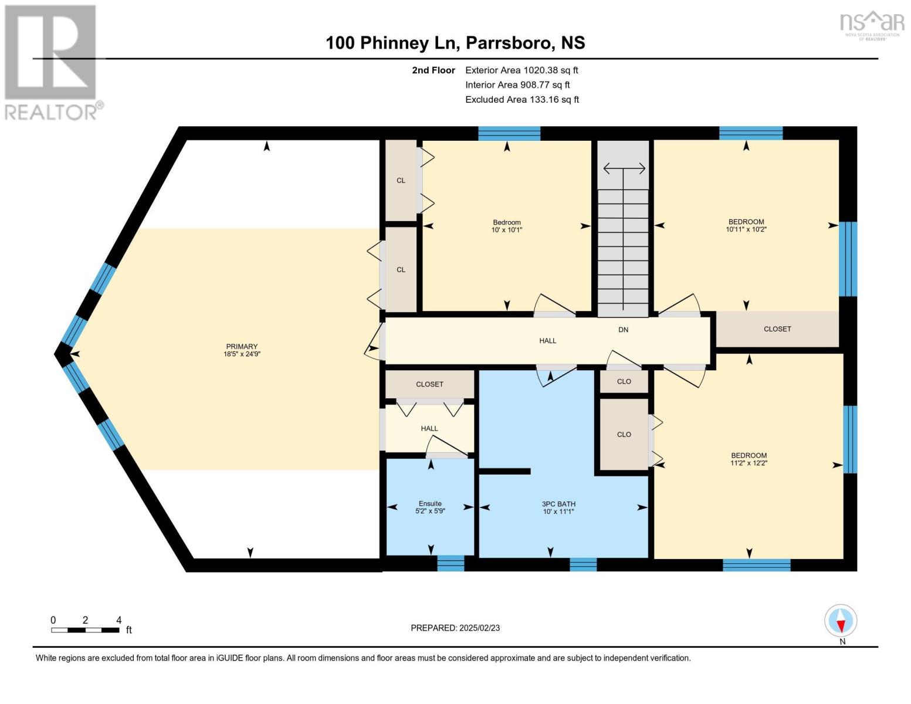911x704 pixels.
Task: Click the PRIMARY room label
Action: coord(241,350)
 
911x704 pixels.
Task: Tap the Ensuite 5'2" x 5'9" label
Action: coord(430,507)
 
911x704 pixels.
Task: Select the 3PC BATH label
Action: coord(558,507)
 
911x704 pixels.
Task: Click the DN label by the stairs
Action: coord(623,330)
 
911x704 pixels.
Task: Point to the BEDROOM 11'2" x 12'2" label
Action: coord(749,459)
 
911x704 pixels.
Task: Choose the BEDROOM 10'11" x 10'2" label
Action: coord(746,225)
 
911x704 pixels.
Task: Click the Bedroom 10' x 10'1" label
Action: coord(507,226)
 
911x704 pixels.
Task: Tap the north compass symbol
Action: coord(841,621)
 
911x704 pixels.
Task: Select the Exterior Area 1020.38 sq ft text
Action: coord(521,70)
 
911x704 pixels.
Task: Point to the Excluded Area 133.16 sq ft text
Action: coord(522,99)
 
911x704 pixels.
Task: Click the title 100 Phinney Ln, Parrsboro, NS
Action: coord(455,43)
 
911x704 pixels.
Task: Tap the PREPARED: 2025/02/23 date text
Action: coord(455,628)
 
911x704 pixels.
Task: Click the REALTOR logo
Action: coord(52,62)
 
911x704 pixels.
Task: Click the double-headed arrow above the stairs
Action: coord(624,169)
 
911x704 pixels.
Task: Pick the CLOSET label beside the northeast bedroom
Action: coord(777,329)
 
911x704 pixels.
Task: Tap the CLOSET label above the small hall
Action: coord(429,384)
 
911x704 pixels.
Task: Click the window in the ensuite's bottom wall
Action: coord(451,563)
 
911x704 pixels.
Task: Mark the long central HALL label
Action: coord(547,340)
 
